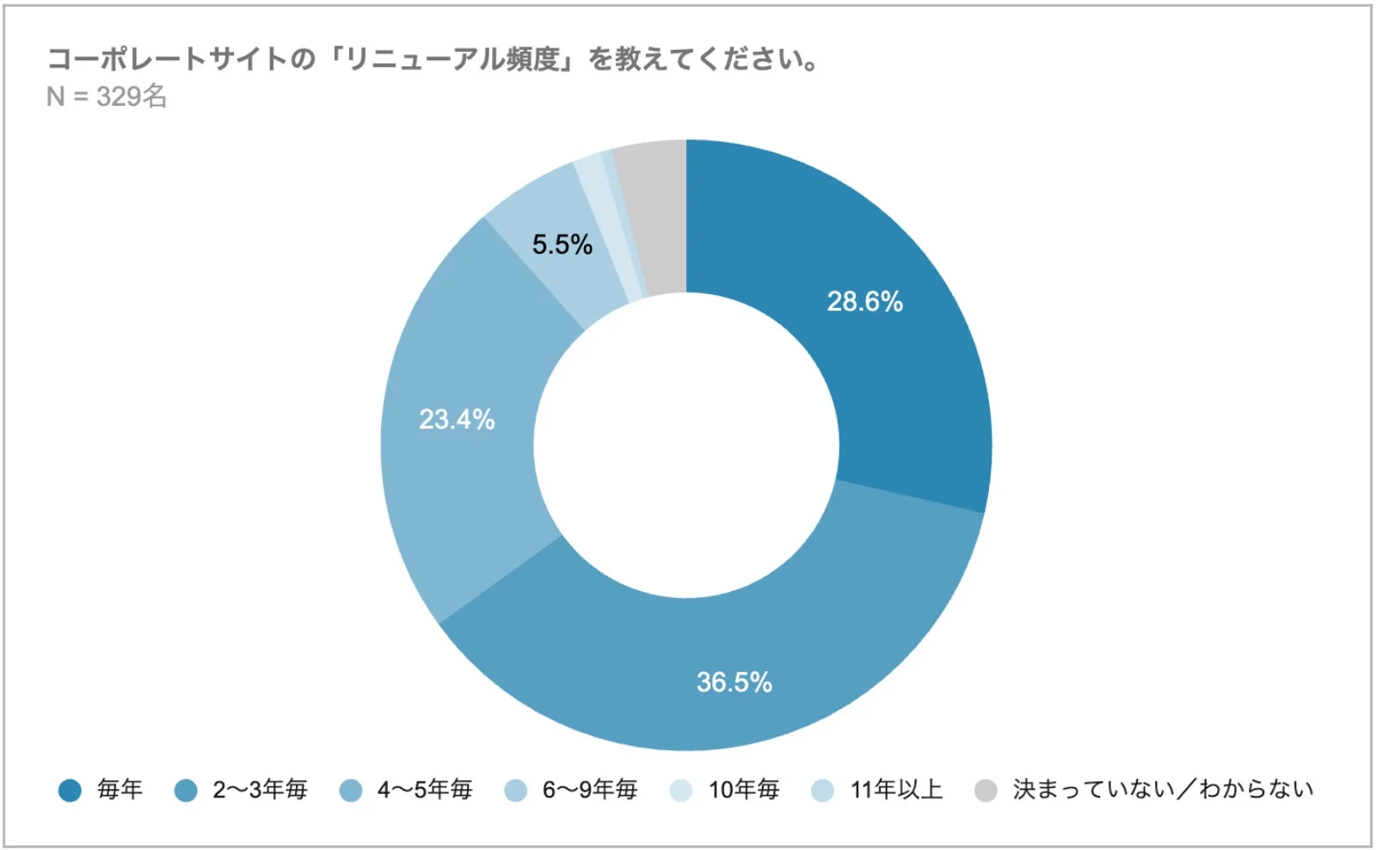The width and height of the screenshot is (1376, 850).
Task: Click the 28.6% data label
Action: pyautogui.click(x=864, y=301)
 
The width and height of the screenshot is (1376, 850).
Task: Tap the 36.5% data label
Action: pyautogui.click(x=734, y=682)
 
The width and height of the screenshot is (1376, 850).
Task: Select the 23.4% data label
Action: pyautogui.click(x=457, y=419)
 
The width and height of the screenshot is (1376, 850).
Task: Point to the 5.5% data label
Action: pyautogui.click(x=562, y=244)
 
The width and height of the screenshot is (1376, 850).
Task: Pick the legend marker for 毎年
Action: pyautogui.click(x=70, y=790)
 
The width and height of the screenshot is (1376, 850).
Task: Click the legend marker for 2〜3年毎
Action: pyautogui.click(x=186, y=790)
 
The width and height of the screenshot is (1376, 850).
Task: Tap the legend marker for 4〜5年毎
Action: pyautogui.click(x=351, y=790)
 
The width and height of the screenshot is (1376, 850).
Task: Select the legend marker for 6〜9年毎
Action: pyautogui.click(x=516, y=790)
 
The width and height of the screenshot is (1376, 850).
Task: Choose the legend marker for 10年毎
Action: pyautogui.click(x=681, y=790)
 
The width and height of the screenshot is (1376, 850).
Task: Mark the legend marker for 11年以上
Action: pyautogui.click(x=823, y=790)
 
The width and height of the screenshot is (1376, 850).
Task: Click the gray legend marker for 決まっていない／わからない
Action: pyautogui.click(x=986, y=790)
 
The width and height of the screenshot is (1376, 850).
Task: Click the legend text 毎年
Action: pyautogui.click(x=120, y=789)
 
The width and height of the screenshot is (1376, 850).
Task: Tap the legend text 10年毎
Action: pyautogui.click(x=744, y=789)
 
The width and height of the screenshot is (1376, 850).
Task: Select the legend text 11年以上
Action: pyautogui.click(x=896, y=789)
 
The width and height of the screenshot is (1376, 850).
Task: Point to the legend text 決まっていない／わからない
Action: pyautogui.click(x=1163, y=789)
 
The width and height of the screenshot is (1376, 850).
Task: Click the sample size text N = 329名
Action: pyautogui.click(x=107, y=96)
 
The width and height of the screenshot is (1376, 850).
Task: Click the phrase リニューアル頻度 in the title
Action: pyautogui.click(x=453, y=59)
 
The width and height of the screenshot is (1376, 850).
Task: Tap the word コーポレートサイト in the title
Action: pyautogui.click(x=166, y=59)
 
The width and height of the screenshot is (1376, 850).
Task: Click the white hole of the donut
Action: pyautogui.click(x=686, y=445)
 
